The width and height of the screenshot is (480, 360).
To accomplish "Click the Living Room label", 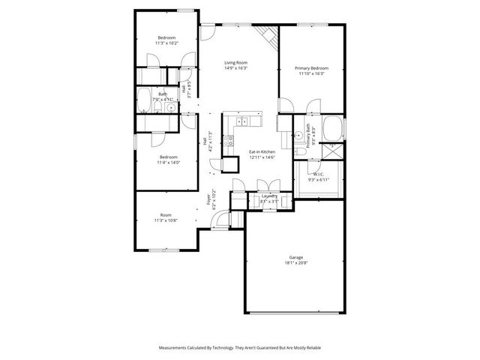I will tap(235, 62).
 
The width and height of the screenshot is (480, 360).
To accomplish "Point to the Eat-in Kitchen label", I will tap(262, 151).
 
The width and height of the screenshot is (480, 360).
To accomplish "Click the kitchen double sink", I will tap(243, 121).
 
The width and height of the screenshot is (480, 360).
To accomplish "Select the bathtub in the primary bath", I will tap(331, 128).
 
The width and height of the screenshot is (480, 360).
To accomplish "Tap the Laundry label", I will tap(268, 196).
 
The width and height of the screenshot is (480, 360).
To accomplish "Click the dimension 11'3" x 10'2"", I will tap(166, 43).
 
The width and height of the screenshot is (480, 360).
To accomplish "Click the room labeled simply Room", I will tap(166, 214).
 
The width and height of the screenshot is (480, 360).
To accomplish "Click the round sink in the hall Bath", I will tap(171, 108).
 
